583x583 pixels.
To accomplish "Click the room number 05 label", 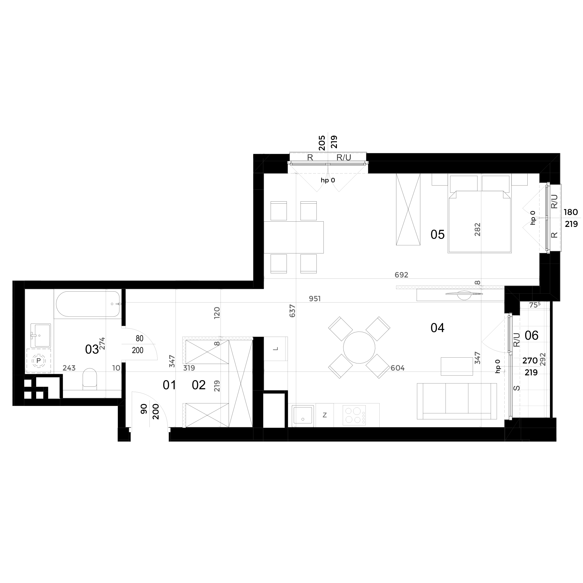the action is pyautogui.click(x=438, y=234).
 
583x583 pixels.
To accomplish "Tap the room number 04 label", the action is pyautogui.click(x=438, y=328).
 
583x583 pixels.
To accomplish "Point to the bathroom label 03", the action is pyautogui.click(x=92, y=350).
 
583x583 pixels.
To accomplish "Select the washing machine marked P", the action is pyautogui.click(x=38, y=361).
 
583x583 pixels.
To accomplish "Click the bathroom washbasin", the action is pyautogui.click(x=41, y=335).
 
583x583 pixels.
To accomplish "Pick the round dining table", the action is pyautogui.click(x=359, y=347).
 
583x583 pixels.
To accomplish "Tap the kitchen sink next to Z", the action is pyautogui.click(x=303, y=416).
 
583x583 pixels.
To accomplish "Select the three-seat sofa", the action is pyautogui.click(x=457, y=401).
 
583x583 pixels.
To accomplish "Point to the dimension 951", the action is pyautogui.click(x=315, y=299).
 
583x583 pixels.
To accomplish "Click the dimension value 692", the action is pyautogui.click(x=401, y=275).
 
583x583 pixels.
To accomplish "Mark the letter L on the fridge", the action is pyautogui.click(x=275, y=349).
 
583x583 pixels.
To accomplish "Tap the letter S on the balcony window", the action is pyautogui.click(x=517, y=388).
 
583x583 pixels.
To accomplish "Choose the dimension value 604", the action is pyautogui.click(x=397, y=368).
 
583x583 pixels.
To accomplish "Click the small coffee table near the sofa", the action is pyautogui.click(x=457, y=366).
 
